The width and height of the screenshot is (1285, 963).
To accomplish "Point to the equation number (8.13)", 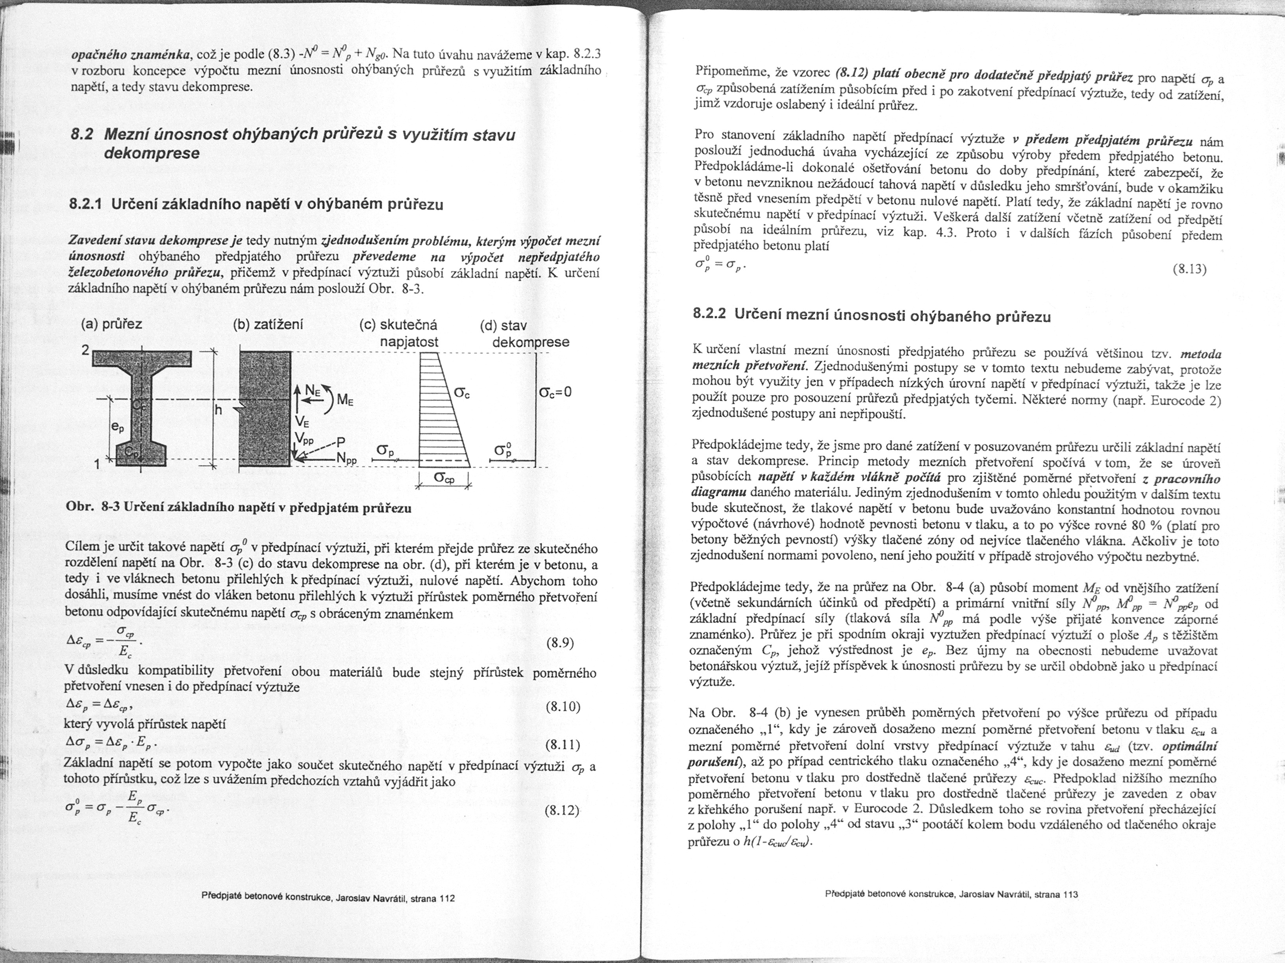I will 1190,269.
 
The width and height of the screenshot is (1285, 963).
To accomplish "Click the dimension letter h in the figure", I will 218,410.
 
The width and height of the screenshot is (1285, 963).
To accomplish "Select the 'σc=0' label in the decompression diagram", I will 555,392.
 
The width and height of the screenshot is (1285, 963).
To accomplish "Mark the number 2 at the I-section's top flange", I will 85,350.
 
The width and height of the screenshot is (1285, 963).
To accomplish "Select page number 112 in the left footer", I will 447,898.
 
